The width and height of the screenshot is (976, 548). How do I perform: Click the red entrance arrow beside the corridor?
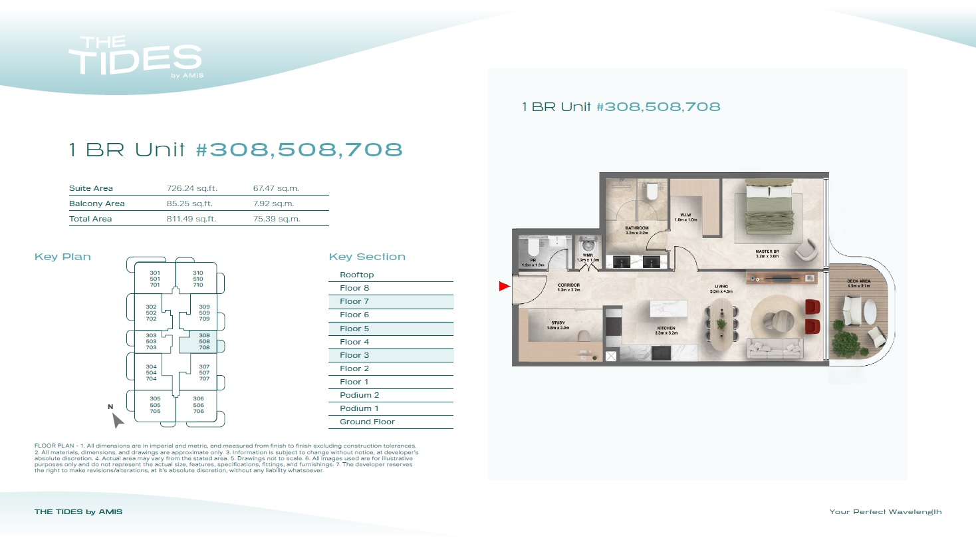tap(504, 286)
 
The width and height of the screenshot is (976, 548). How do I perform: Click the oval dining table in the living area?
tap(721, 325)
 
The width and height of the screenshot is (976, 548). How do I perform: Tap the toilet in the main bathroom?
tap(652, 191)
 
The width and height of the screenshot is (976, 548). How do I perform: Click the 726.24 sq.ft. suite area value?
tap(191, 188)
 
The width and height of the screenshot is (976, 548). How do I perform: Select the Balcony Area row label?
tap(97, 204)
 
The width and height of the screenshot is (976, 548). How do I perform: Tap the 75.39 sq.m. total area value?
tap(277, 219)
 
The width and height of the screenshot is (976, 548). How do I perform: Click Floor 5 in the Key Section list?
tap(354, 329)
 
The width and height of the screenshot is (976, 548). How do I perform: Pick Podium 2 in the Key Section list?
tap(359, 395)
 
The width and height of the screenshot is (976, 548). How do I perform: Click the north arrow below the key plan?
tap(117, 420)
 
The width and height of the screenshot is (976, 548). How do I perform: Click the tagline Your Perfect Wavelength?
tap(885, 511)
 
